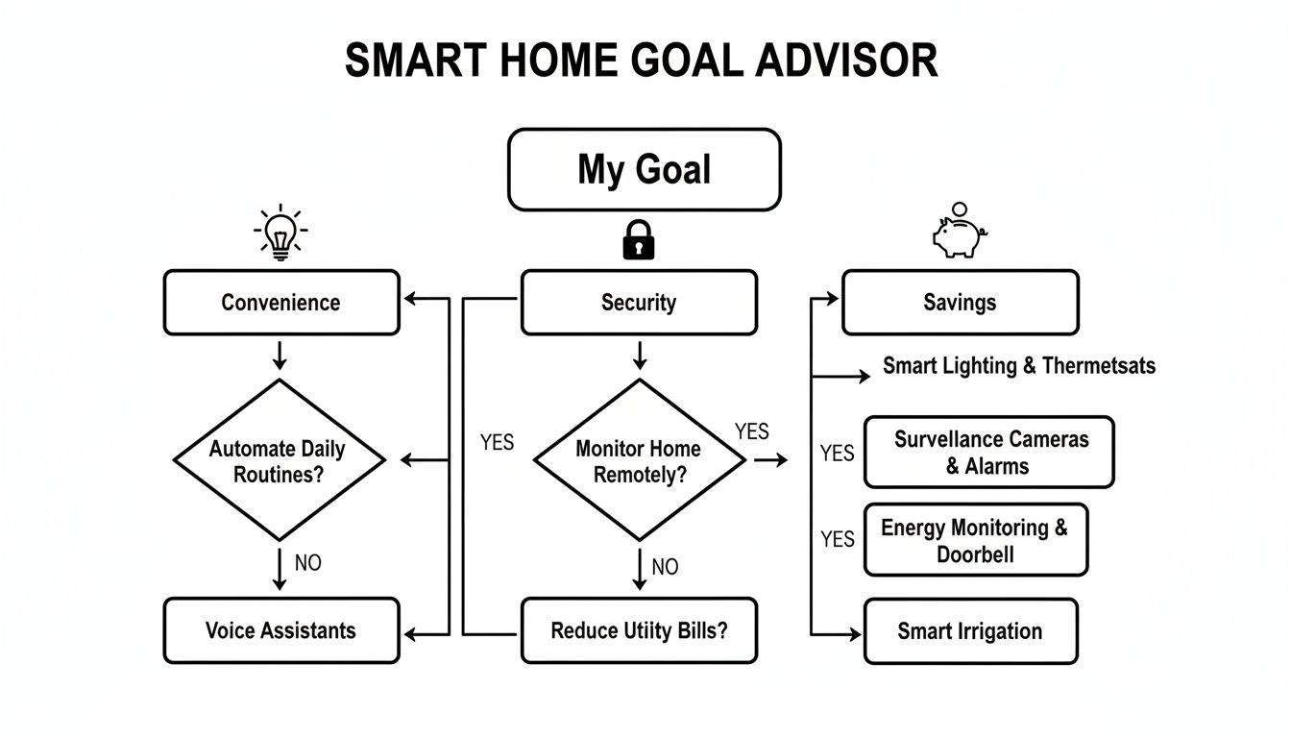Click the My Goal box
(644, 170)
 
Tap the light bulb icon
(280, 234)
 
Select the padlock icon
(639, 239)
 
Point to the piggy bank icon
(959, 232)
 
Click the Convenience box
(280, 303)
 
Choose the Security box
(639, 303)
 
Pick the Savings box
(960, 303)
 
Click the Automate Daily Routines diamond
(279, 460)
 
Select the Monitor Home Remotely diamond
(639, 460)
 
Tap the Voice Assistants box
(280, 630)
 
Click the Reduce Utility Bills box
(639, 630)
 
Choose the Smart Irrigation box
(970, 631)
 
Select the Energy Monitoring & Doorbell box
(975, 540)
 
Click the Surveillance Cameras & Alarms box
(988, 453)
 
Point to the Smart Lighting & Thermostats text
(1019, 366)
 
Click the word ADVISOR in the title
(846, 61)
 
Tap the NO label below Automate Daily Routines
(307, 563)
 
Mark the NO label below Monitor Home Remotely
(665, 567)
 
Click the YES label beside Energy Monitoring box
(837, 540)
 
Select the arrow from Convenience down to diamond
(280, 355)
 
